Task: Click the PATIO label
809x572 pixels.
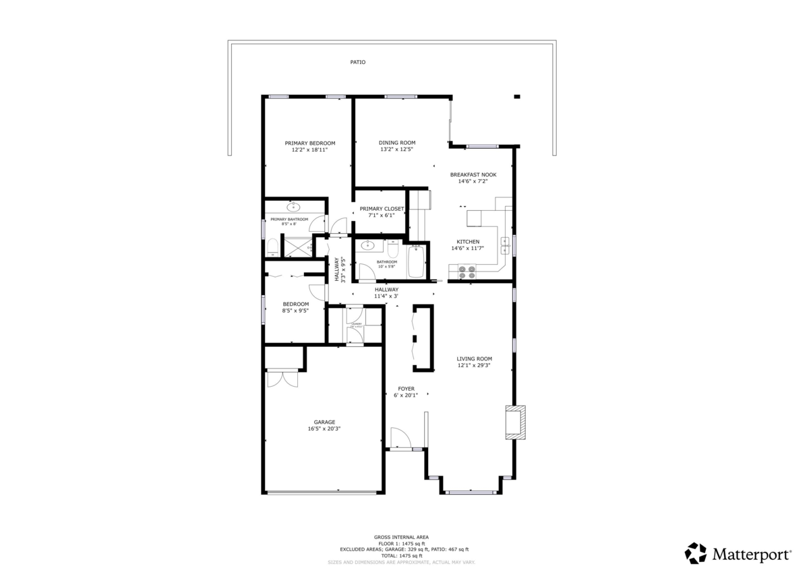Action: coord(357,62)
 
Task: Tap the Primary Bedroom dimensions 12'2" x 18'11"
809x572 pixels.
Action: coord(309,150)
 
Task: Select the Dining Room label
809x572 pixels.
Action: coord(396,143)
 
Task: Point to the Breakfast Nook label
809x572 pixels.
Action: coord(473,174)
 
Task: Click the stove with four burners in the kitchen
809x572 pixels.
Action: coord(467,272)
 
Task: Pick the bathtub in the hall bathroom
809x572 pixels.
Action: coord(415,263)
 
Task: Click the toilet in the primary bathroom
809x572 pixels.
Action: coord(272,247)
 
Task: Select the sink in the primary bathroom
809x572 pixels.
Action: coord(293,207)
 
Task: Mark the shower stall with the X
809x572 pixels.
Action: coord(294,246)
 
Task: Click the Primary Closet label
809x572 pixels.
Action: coord(382,209)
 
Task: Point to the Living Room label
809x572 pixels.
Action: coord(474,359)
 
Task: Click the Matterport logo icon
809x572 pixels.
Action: coord(696,553)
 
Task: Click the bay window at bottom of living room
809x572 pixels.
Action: coord(470,492)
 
